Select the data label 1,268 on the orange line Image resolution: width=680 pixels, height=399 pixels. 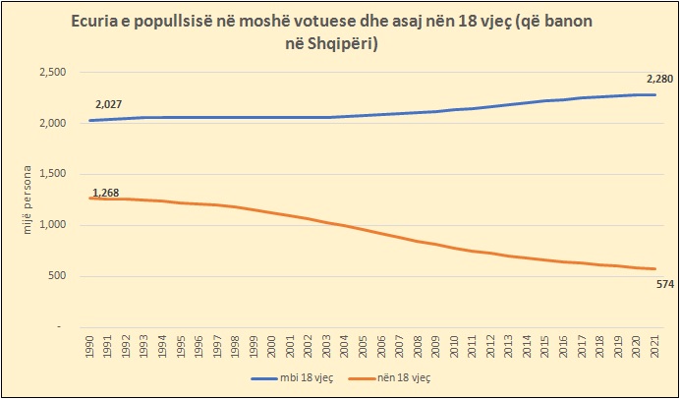click(105, 193)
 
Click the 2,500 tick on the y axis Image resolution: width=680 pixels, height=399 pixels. click(50, 73)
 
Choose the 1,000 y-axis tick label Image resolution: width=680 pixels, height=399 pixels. click(50, 225)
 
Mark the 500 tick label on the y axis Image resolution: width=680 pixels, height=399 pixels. click(55, 276)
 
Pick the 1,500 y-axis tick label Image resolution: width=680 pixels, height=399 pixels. click(50, 174)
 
